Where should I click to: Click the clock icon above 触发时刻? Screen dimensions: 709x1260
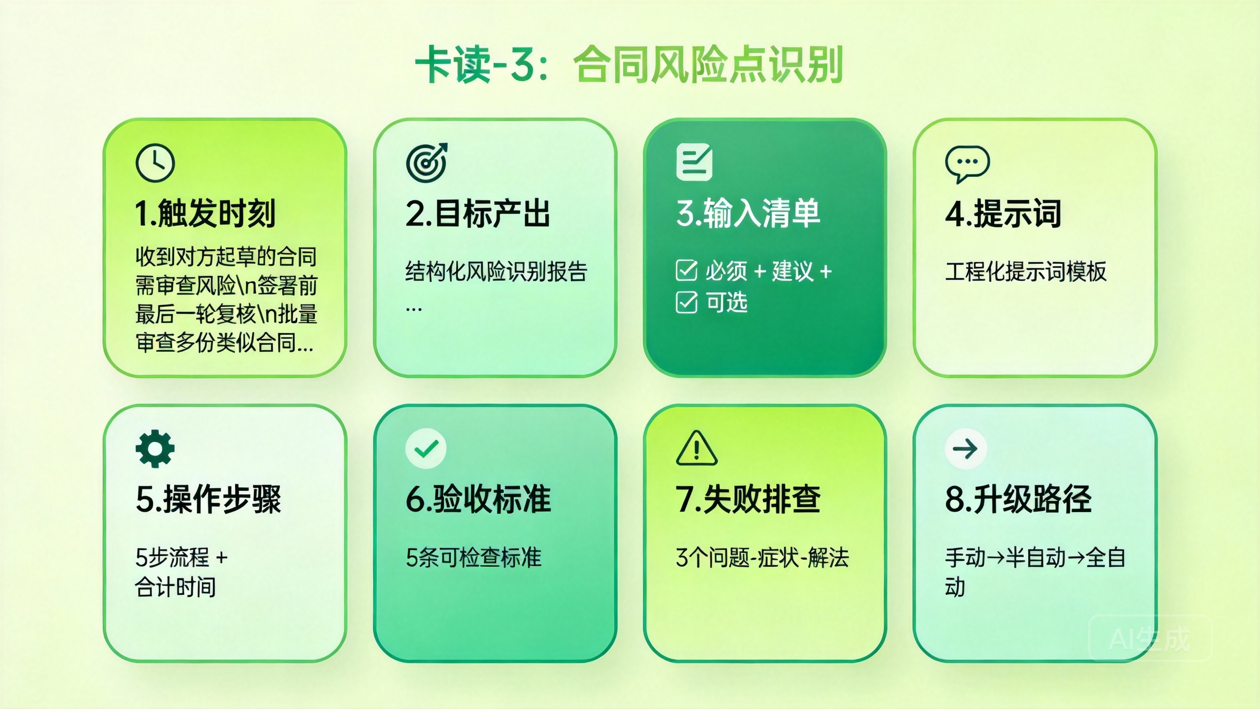tap(155, 163)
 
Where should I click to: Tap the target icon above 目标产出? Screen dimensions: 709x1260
tap(426, 162)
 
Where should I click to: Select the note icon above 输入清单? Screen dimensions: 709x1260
tap(694, 162)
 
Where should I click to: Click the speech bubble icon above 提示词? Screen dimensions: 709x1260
tap(967, 163)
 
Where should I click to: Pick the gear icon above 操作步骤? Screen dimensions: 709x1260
tap(155, 448)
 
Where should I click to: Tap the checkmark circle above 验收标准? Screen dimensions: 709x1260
tap(426, 449)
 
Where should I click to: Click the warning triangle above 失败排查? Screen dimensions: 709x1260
tap(696, 449)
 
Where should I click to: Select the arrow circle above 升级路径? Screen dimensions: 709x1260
tap(965, 449)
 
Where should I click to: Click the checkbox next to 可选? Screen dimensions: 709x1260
tap(686, 302)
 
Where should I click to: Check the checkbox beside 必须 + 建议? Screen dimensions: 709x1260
tap(686, 270)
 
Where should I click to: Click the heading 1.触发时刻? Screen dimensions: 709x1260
tap(205, 214)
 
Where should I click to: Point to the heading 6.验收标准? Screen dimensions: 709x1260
tap(478, 499)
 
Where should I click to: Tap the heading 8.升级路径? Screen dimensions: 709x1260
tap(1018, 499)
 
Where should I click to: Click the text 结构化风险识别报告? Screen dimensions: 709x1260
tap(496, 271)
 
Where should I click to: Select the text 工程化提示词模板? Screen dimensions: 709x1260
tap(1026, 271)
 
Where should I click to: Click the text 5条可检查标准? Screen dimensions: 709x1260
tap(473, 558)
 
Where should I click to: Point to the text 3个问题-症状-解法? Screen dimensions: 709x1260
tap(762, 558)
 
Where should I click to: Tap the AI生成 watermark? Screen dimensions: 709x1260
tap(1150, 639)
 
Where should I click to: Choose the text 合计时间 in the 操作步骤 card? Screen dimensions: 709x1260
tap(176, 587)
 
